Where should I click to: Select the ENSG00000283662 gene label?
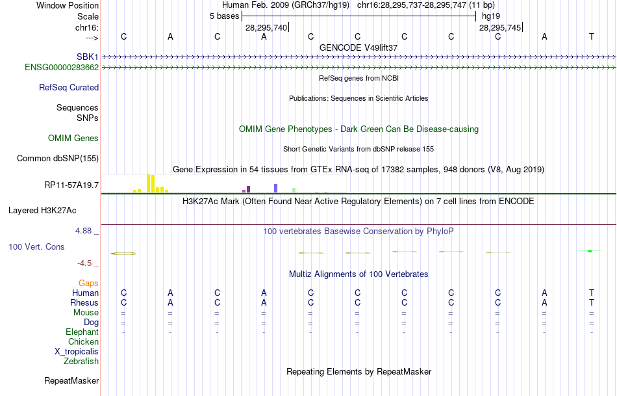coord(62,67)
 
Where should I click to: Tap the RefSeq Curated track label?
coord(69,87)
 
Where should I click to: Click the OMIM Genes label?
coord(73,138)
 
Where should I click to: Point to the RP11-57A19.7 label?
coord(71,185)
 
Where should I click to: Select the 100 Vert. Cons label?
coord(36,247)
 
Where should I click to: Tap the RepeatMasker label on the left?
coord(71,380)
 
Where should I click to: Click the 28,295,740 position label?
coord(266,27)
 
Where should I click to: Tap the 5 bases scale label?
coord(224,16)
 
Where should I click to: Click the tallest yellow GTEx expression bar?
coord(149,183)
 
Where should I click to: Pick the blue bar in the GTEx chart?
coord(275,188)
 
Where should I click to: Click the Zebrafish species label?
coord(81,361)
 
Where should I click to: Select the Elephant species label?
coord(82,332)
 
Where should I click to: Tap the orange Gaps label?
coord(88,283)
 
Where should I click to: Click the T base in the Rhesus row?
coord(591,302)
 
